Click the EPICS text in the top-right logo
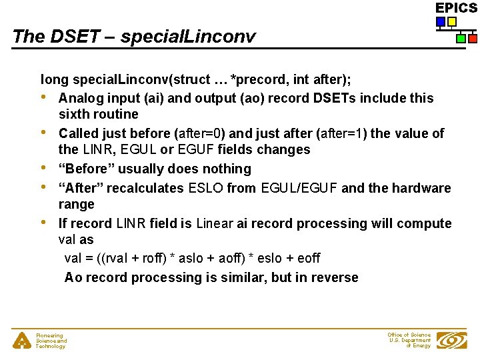tap(456, 8)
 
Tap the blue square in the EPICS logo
tap(441, 22)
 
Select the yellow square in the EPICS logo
tap(451, 22)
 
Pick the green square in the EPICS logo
tap(461, 39)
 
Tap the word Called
tap(79, 133)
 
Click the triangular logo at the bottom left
tap(22, 341)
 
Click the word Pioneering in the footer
tap(49, 335)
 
